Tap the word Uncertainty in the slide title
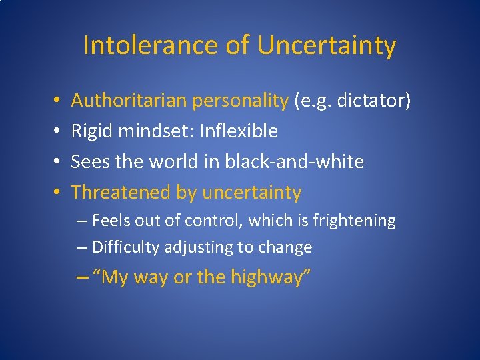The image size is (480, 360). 327,45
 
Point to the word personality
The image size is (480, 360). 239,101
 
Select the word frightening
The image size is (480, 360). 357,221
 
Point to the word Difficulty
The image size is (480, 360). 122,248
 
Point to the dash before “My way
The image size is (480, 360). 83,277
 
